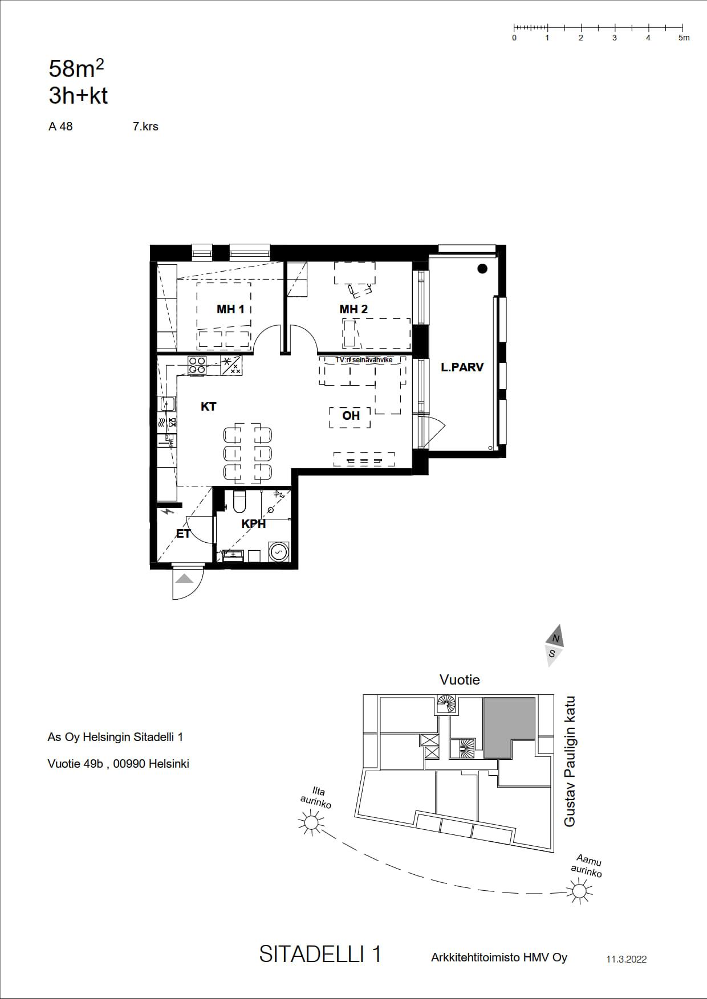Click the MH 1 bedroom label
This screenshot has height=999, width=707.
click(x=230, y=309)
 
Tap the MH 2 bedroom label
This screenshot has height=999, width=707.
click(x=353, y=309)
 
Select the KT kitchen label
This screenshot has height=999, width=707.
click(x=209, y=407)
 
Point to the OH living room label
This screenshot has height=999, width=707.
click(x=351, y=416)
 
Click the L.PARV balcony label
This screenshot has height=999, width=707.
click(x=462, y=367)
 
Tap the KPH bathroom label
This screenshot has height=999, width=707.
click(x=254, y=524)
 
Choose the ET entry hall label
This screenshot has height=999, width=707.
click(x=183, y=534)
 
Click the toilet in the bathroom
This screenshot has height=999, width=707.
click(x=239, y=501)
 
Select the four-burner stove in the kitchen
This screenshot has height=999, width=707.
click(x=197, y=365)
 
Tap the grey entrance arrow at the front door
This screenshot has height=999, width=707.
click(x=184, y=579)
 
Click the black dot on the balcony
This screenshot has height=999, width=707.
click(x=483, y=269)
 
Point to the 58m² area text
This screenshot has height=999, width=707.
click(x=76, y=69)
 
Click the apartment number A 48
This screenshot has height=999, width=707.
click(x=60, y=126)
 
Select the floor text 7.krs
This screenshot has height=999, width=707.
click(x=145, y=126)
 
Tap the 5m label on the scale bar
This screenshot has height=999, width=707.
click(x=684, y=38)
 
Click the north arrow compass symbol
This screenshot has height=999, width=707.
click(x=554, y=645)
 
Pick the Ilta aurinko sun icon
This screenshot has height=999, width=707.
click(x=311, y=822)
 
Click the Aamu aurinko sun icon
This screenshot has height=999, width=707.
click(x=580, y=890)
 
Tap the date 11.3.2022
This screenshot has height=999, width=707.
click(x=626, y=959)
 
